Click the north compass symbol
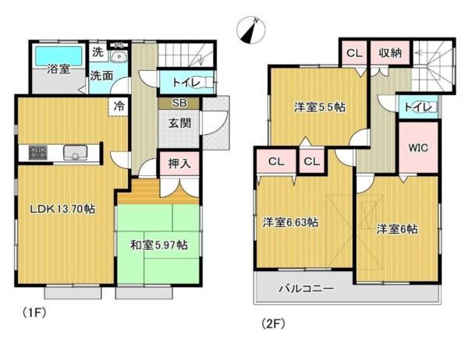click(251, 30)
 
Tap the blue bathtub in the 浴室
click(58, 56)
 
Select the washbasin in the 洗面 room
click(119, 56)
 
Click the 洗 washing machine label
click(97, 52)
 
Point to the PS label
click(119, 46)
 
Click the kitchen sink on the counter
click(75, 152)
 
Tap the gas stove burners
click(38, 152)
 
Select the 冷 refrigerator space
click(119, 106)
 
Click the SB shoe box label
click(179, 103)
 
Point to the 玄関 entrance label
click(179, 123)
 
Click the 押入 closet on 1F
click(179, 163)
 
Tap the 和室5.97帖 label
click(159, 245)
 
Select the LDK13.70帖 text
click(62, 209)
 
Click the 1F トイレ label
click(186, 83)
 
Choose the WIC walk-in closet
click(418, 147)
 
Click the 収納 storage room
click(390, 53)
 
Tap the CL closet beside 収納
click(354, 53)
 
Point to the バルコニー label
click(307, 289)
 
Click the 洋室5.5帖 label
click(320, 107)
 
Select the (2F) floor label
click(273, 323)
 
